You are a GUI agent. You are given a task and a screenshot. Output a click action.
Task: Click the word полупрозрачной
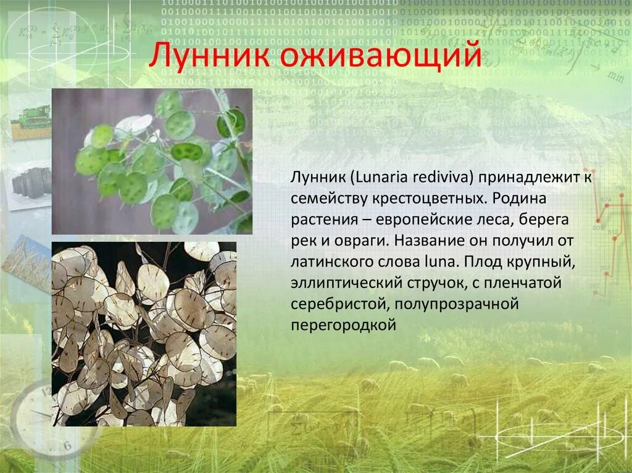point(454,304)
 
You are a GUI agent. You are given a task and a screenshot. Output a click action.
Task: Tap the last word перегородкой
point(342,325)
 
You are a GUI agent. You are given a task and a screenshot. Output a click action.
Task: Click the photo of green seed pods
point(152,161)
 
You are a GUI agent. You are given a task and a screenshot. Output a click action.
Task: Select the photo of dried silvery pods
point(144,334)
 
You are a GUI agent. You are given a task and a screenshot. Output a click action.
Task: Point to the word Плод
point(483,261)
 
